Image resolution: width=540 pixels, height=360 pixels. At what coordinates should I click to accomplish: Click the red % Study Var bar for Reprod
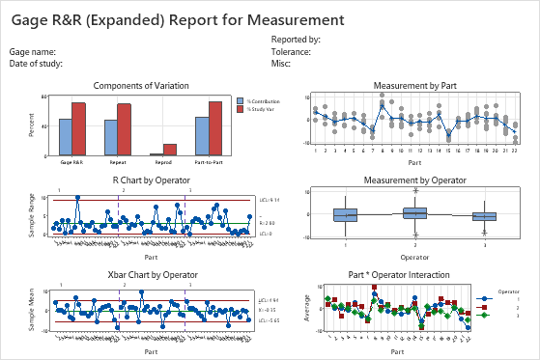click(170, 150)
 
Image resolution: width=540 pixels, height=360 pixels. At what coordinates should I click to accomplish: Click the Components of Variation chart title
click(149, 86)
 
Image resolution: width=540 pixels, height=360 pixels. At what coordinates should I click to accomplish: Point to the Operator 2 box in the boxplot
click(414, 212)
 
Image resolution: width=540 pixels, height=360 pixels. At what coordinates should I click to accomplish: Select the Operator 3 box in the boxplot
click(484, 216)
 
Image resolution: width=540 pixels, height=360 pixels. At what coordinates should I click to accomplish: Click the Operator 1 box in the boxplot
click(345, 214)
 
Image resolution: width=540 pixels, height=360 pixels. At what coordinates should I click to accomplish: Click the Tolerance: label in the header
click(291, 51)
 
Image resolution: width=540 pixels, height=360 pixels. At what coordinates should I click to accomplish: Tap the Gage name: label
click(32, 51)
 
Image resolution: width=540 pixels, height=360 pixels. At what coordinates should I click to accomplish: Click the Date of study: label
click(36, 63)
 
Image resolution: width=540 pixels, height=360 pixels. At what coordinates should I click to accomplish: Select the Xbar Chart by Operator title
click(149, 274)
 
